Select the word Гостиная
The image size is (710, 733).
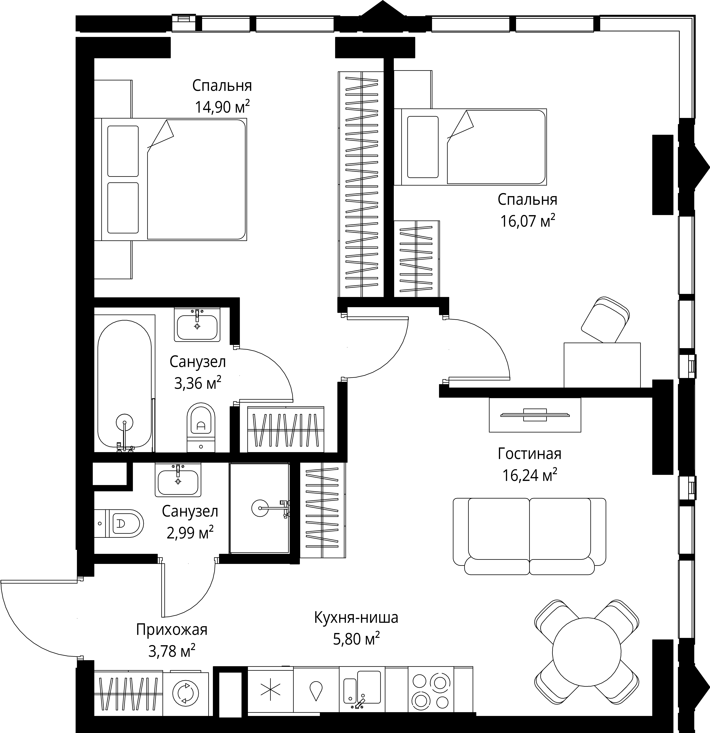(530, 454)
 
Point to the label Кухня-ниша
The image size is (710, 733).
(356, 617)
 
